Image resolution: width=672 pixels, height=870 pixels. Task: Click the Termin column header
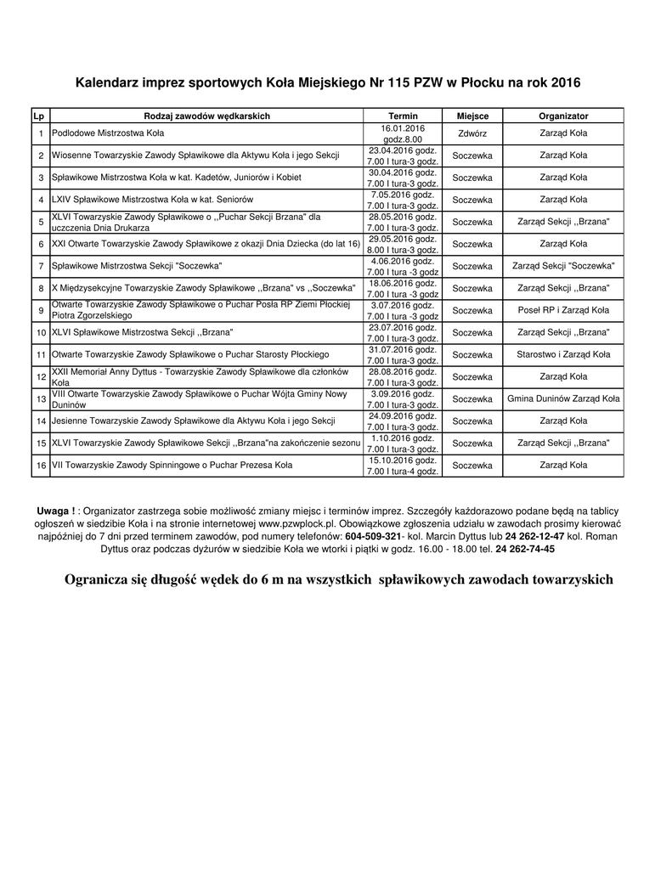tap(403, 116)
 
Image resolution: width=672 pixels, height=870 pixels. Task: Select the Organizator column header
tap(563, 116)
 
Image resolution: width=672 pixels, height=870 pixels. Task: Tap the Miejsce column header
tap(472, 116)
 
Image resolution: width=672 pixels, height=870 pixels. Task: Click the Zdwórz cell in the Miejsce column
tap(472, 133)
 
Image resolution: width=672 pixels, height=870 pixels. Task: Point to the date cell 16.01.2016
tap(403, 128)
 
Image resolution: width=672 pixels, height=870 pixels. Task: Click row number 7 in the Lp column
tap(41, 267)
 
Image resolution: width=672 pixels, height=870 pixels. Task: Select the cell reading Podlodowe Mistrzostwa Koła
tap(108, 133)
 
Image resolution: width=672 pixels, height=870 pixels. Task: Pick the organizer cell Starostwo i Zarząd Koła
tap(563, 355)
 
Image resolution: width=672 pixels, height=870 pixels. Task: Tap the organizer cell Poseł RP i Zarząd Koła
tap(563, 311)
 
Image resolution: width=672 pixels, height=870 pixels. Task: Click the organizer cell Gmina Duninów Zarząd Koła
tap(563, 399)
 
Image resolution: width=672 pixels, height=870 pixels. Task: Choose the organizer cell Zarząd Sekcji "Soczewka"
tap(563, 267)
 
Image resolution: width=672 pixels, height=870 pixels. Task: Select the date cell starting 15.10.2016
tap(403, 460)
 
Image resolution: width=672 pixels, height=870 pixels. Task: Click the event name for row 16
tap(172, 466)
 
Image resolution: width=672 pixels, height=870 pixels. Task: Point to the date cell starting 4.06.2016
tap(403, 261)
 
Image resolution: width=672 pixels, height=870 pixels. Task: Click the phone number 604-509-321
tap(372, 538)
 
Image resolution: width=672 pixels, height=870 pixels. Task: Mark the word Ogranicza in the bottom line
tap(96, 580)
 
